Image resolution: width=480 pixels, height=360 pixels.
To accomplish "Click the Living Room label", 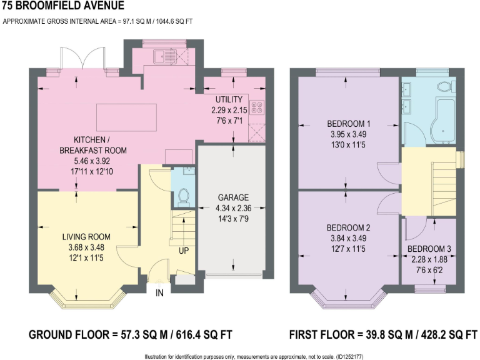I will click(86, 237).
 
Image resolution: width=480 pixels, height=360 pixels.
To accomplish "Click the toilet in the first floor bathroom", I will click(446, 86).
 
